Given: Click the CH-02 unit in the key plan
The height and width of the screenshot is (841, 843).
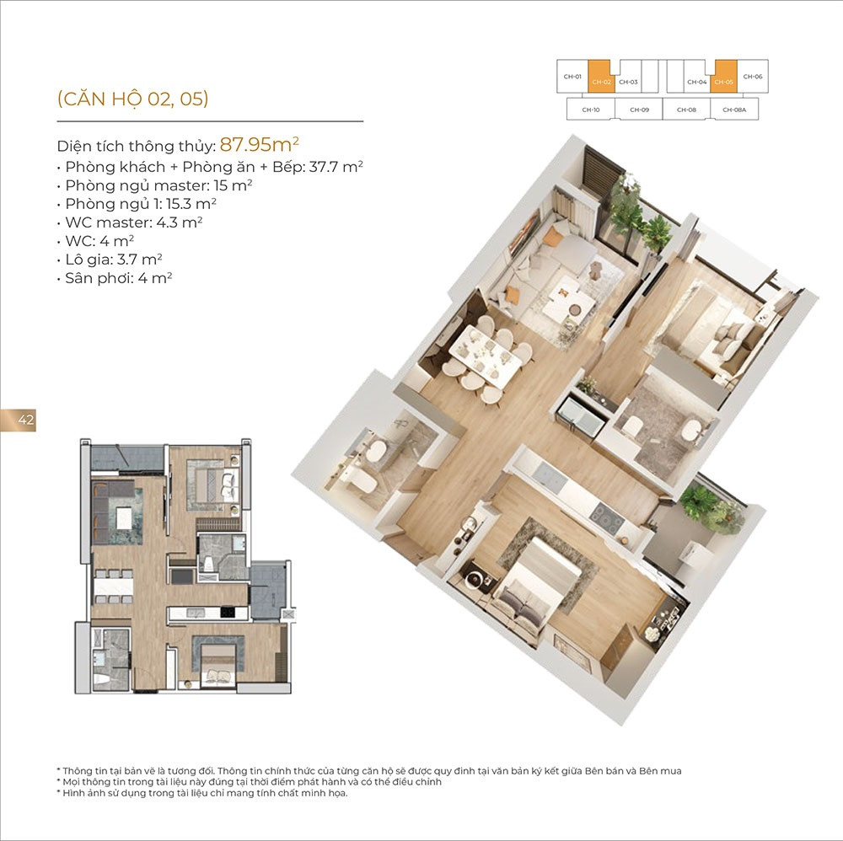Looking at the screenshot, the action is click(601, 77).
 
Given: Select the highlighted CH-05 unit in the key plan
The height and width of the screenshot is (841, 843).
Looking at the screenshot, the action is click(723, 77).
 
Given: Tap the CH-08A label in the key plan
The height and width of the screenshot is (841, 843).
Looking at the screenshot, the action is click(734, 110).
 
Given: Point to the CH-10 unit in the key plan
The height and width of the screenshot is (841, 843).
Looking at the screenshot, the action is click(591, 109).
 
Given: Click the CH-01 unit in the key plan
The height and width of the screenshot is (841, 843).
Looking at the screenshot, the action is click(572, 77).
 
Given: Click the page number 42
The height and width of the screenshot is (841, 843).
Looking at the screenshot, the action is click(26, 420).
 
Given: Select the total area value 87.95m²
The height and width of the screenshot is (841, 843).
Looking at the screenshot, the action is click(259, 144).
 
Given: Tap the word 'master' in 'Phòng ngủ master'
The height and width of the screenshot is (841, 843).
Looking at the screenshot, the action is click(181, 185).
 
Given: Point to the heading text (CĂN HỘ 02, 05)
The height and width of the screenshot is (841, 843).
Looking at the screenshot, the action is click(133, 99).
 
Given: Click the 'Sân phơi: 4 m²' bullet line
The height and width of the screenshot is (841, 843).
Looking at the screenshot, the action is click(115, 278).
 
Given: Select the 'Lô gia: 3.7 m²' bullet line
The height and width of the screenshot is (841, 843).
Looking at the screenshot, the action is click(110, 260).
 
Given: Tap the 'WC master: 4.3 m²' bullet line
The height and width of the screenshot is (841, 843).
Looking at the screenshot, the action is click(130, 222).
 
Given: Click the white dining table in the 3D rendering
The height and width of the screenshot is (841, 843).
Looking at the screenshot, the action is click(485, 356).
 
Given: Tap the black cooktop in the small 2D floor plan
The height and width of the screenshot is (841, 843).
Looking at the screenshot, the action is click(228, 612).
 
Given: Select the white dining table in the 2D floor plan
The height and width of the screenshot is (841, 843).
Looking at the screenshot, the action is click(114, 585).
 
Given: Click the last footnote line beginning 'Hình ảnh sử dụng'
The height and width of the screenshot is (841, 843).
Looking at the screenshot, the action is click(202, 793).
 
